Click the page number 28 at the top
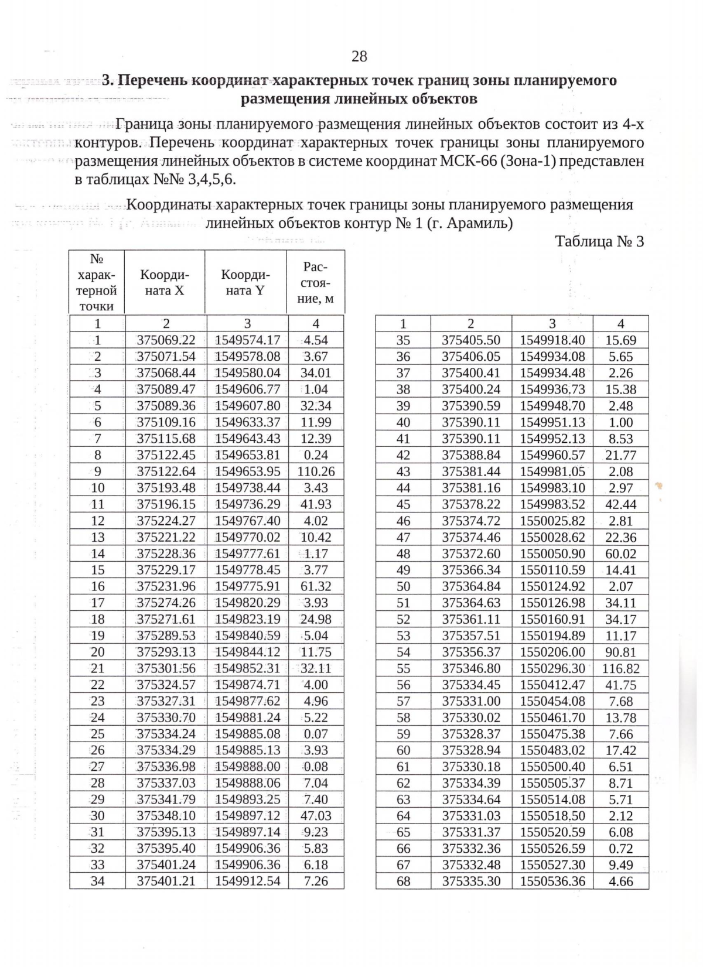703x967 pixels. click(x=359, y=56)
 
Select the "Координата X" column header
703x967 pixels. click(x=165, y=282)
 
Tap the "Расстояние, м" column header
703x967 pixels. click(x=316, y=282)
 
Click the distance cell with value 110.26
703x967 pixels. click(x=316, y=471)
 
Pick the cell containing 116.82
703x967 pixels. click(x=620, y=668)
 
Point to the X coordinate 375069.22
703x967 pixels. click(x=166, y=340)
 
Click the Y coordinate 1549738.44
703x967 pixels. click(x=247, y=488)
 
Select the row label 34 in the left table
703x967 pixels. click(x=98, y=881)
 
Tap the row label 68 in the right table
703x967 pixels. click(x=404, y=881)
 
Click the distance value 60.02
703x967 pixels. click(x=620, y=553)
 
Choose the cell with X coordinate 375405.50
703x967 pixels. click(x=471, y=340)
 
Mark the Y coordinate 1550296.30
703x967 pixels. click(x=552, y=668)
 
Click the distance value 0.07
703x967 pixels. click(x=316, y=734)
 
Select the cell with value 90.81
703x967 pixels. click(x=620, y=652)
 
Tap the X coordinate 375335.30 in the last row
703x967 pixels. click(x=471, y=881)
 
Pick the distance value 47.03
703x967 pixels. click(x=316, y=816)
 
